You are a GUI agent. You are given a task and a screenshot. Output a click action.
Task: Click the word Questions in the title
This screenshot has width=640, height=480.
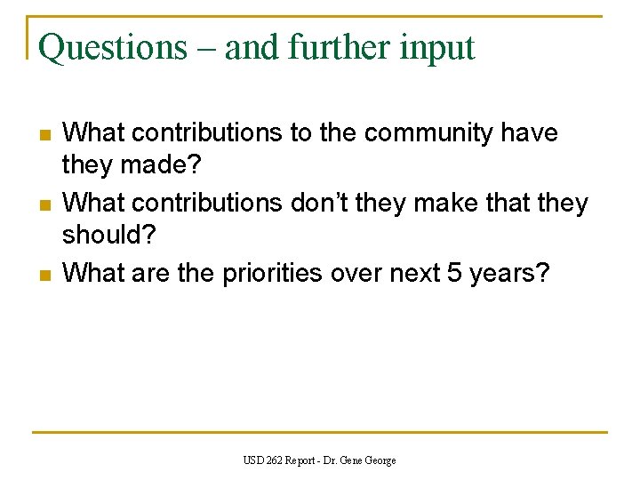coord(113,47)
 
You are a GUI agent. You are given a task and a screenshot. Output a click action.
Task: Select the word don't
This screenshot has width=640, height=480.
coord(321,203)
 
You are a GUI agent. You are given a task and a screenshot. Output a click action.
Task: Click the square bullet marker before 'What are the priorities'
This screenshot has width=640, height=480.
coord(44,274)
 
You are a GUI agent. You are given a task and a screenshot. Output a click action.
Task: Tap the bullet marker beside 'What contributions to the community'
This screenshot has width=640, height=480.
coord(44,135)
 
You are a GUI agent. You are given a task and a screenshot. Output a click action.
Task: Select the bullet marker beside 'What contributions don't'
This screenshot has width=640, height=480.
coord(44,204)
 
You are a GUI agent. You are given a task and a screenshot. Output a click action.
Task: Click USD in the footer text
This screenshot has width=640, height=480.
coord(252,460)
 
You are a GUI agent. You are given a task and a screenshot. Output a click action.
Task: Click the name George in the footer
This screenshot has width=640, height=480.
coord(380,460)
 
